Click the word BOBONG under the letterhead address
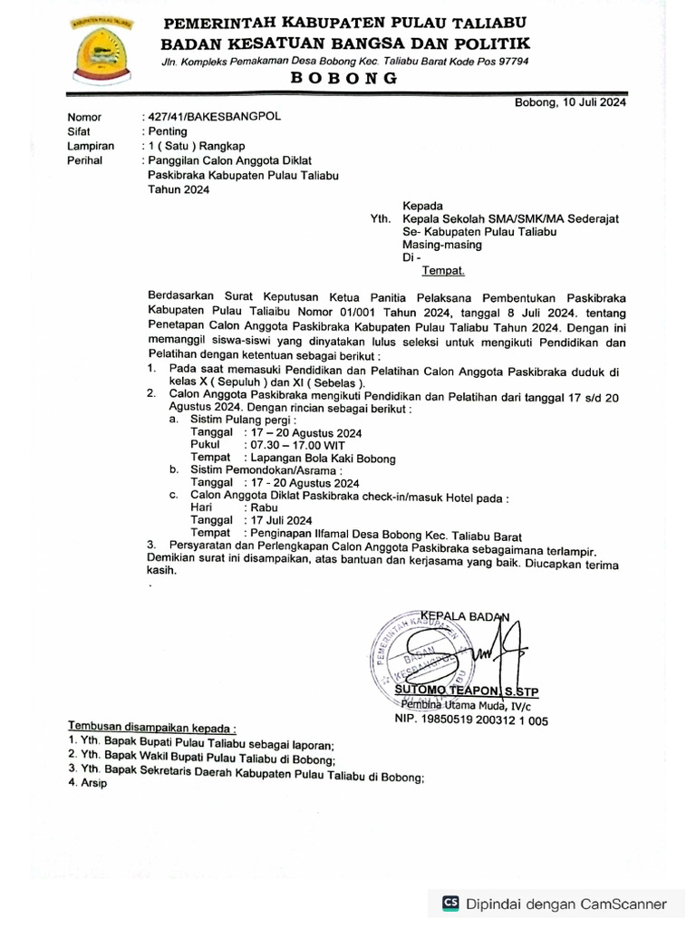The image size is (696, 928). (343, 79)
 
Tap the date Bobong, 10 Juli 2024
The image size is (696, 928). (570, 101)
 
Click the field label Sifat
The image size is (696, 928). (79, 131)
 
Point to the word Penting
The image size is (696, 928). (169, 131)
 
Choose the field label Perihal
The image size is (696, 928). (85, 160)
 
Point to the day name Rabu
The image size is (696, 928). (264, 508)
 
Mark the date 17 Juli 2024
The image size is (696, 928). (282, 521)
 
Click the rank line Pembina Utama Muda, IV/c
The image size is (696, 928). (469, 705)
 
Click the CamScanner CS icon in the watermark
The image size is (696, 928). (450, 903)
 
